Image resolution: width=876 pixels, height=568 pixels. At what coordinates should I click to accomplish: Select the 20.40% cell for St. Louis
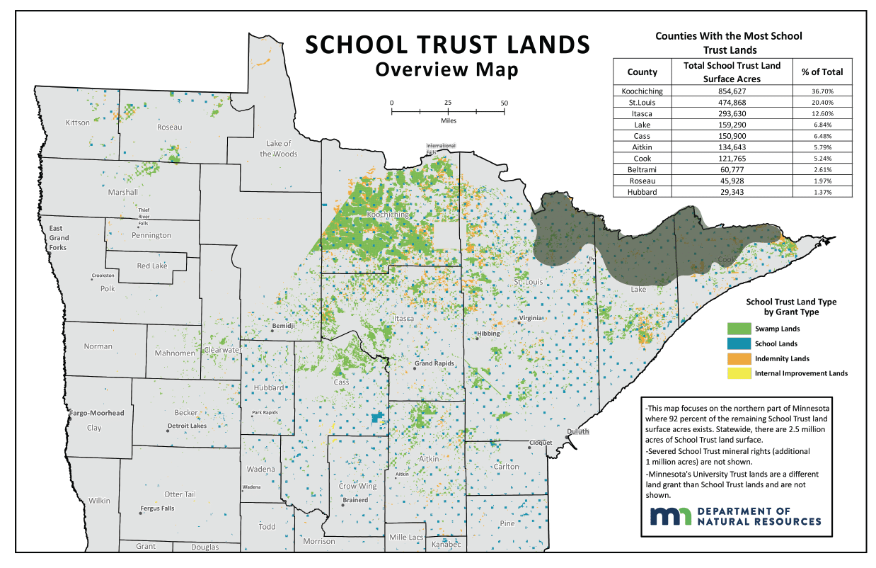click(822, 102)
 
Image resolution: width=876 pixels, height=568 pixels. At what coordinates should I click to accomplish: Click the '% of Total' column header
click(822, 72)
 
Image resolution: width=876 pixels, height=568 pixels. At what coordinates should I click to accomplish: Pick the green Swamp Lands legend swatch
click(739, 329)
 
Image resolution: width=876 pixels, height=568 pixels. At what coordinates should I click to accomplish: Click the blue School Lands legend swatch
click(739, 343)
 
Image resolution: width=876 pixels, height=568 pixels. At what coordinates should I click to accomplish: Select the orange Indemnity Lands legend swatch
click(739, 358)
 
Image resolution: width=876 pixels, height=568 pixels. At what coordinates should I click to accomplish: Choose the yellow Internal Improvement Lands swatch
click(739, 373)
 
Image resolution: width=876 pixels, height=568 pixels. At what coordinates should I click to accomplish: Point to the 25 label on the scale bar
click(448, 103)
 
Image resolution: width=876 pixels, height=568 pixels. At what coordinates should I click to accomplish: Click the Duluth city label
click(577, 431)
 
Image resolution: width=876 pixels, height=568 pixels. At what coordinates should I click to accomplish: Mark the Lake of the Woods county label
click(278, 149)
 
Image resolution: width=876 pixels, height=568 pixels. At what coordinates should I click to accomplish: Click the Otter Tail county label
click(180, 494)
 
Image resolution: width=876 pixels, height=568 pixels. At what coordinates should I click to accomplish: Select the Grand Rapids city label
click(433, 364)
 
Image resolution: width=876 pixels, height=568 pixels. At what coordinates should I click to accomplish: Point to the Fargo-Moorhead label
click(97, 413)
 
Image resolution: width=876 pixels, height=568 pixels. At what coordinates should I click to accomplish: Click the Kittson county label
click(78, 123)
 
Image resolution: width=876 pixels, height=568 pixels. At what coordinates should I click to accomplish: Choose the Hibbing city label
click(488, 334)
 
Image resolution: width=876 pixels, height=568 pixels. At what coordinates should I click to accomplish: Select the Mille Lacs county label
click(406, 537)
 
